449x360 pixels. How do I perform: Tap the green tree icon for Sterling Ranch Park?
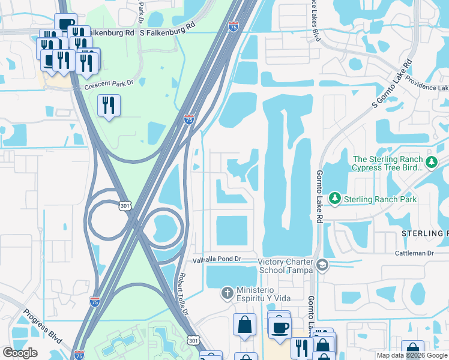pyautogui.click(x=334, y=198)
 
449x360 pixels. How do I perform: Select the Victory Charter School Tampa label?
pyautogui.click(x=286, y=266)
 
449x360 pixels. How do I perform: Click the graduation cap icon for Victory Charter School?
pyautogui.click(x=322, y=265)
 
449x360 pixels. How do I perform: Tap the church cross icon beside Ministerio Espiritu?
pyautogui.click(x=227, y=293)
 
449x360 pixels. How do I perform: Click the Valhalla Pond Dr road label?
pyautogui.click(x=216, y=259)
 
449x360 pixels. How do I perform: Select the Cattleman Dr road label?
pyautogui.click(x=414, y=254)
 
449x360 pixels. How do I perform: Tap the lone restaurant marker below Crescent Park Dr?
pyautogui.click(x=109, y=106)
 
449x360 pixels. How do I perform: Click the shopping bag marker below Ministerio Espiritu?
pyautogui.click(x=245, y=325)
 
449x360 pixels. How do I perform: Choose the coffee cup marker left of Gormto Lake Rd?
pyautogui.click(x=279, y=327)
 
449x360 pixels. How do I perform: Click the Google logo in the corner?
pyautogui.click(x=20, y=353)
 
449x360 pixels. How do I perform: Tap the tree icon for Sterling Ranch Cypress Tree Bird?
pyautogui.click(x=430, y=162)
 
